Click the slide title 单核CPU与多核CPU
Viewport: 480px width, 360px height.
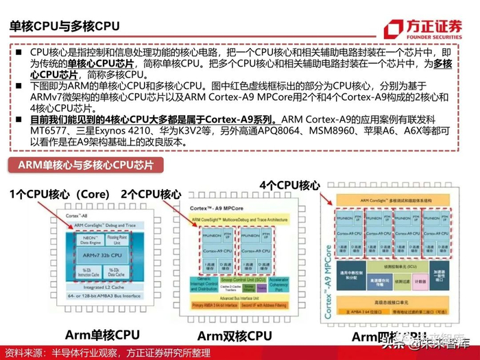[64, 27]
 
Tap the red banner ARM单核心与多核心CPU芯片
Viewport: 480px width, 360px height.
[81, 165]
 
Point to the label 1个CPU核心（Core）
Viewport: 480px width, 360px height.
[60, 194]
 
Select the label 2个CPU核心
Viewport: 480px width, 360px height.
[151, 194]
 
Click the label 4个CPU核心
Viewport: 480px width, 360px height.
[289, 185]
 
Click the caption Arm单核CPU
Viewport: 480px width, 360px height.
[102, 335]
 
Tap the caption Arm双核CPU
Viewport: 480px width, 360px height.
[235, 336]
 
